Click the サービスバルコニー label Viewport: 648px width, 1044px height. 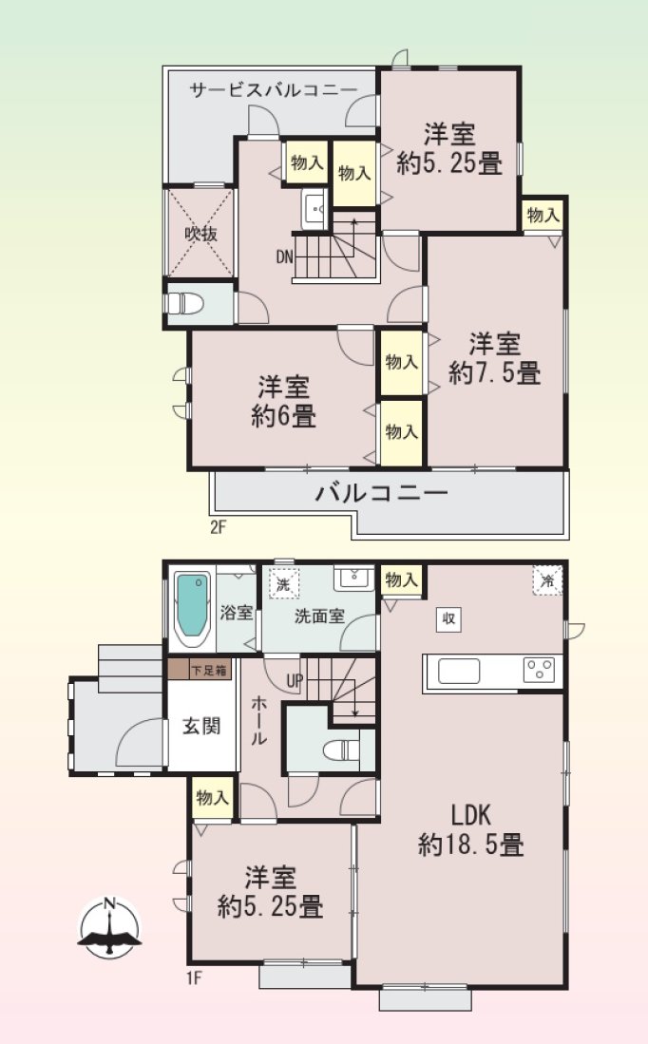(x=274, y=90)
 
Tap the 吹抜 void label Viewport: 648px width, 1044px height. (x=200, y=235)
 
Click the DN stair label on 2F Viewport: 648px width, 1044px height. (x=284, y=257)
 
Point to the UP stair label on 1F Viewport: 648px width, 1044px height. (x=295, y=680)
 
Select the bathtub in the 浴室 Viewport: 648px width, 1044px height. (x=193, y=609)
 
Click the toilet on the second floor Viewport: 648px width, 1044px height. (x=184, y=304)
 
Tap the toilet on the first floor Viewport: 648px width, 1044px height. (x=340, y=750)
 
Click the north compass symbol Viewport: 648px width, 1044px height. (x=110, y=927)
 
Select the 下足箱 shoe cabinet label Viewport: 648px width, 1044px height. (x=210, y=670)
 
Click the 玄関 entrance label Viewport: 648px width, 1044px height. (x=201, y=726)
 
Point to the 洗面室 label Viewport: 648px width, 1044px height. (x=319, y=616)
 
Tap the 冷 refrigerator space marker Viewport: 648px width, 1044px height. (x=547, y=580)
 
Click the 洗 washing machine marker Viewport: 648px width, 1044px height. (x=284, y=586)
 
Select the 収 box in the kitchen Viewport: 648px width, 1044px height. (x=448, y=619)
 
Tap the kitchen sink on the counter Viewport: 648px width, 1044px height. (x=459, y=671)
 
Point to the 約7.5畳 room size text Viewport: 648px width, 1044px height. (x=494, y=372)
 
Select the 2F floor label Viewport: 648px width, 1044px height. (x=219, y=529)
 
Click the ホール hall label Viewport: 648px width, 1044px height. (x=259, y=720)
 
